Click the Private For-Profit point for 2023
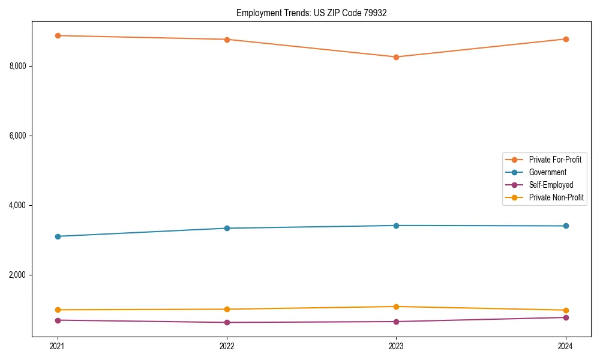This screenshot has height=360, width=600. [x=396, y=57]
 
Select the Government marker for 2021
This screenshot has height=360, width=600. [x=58, y=236]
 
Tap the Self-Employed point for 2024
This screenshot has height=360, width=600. [x=565, y=317]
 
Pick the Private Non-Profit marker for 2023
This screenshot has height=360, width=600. [x=396, y=307]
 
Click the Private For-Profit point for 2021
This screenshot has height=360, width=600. [x=58, y=35]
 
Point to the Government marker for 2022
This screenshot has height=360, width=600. [x=227, y=228]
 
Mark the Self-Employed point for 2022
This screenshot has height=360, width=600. [x=227, y=322]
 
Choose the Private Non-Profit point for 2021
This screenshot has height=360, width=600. [x=58, y=310]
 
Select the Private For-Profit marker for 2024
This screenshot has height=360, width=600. [x=565, y=39]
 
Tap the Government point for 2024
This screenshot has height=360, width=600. [x=565, y=226]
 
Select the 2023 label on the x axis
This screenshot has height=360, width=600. [x=396, y=346]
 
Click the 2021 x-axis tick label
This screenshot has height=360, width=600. [x=58, y=346]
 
